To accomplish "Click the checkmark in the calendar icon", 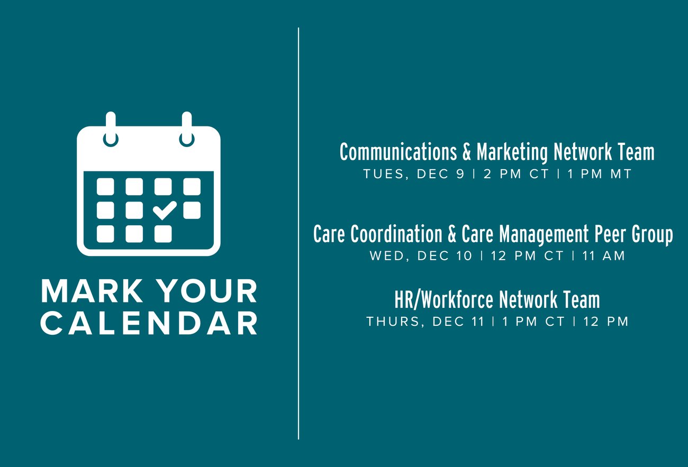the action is (165, 210).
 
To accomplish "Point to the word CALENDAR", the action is (149, 323).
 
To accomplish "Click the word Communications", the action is (398, 152).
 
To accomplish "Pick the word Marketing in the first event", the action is (512, 152).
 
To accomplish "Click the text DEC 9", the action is (440, 174).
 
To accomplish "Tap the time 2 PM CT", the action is (516, 174).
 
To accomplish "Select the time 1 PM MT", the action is (599, 174).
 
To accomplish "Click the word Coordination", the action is (396, 234).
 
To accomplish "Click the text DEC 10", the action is (444, 256).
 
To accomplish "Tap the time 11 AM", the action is (603, 256).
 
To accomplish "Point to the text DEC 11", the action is (458, 322).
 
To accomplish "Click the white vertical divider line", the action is (298, 233).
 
